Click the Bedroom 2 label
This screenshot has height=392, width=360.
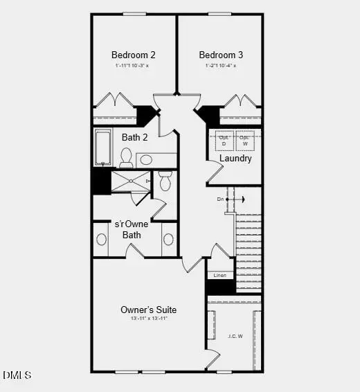tap(134, 55)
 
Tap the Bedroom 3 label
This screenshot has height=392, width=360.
tap(221, 55)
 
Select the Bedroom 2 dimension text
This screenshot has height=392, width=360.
tap(134, 66)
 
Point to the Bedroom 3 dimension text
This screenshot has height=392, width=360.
tap(221, 66)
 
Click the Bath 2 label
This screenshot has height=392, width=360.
tap(135, 137)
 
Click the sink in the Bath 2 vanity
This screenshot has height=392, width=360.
tap(146, 160)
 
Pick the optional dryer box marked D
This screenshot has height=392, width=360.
tap(224, 139)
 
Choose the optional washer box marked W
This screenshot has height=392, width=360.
tap(244, 139)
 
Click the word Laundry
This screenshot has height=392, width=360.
tap(235, 159)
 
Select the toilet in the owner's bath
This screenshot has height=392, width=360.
tap(165, 181)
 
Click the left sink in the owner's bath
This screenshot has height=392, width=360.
tap(102, 240)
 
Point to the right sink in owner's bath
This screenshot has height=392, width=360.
tap(168, 240)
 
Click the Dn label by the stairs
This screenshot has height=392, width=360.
tap(221, 199)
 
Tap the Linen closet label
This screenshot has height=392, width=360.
tap(219, 275)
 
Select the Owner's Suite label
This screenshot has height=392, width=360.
tap(148, 310)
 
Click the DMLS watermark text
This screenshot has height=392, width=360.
tap(17, 375)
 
